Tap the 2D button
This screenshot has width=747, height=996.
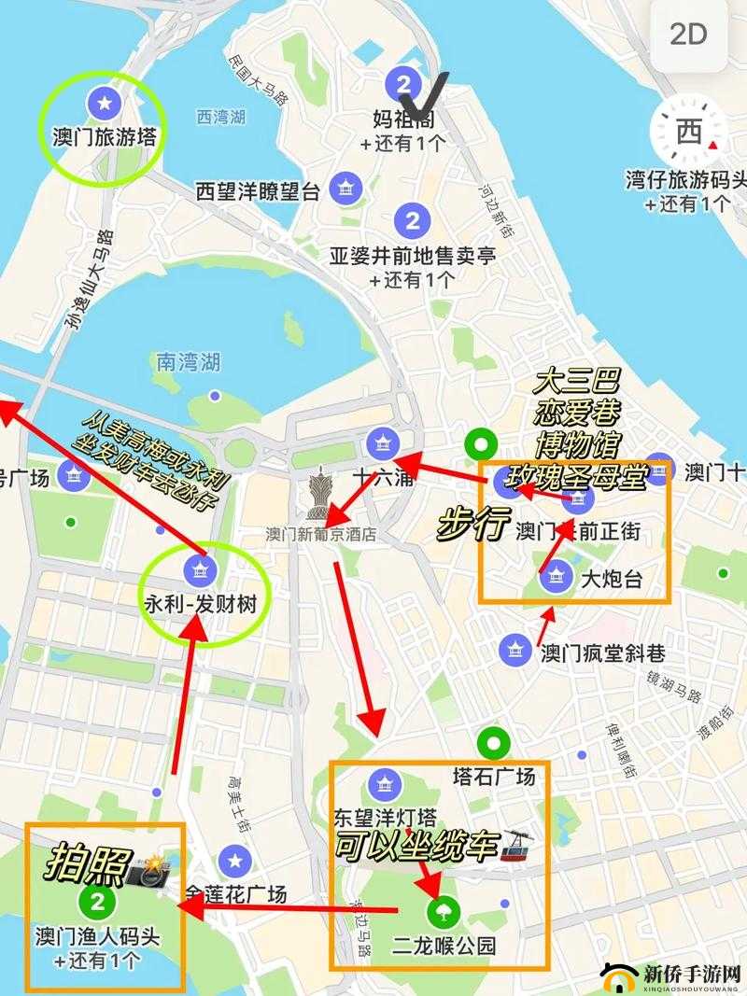(x=689, y=35)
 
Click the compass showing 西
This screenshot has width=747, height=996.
(x=689, y=132)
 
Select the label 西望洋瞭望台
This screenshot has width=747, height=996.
(x=259, y=192)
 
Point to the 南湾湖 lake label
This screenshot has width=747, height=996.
(x=189, y=360)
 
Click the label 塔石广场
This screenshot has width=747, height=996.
(x=493, y=777)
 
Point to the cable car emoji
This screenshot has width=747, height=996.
(x=514, y=845)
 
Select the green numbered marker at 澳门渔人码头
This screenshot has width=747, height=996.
(x=96, y=900)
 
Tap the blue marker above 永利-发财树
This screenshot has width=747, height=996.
(x=197, y=566)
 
